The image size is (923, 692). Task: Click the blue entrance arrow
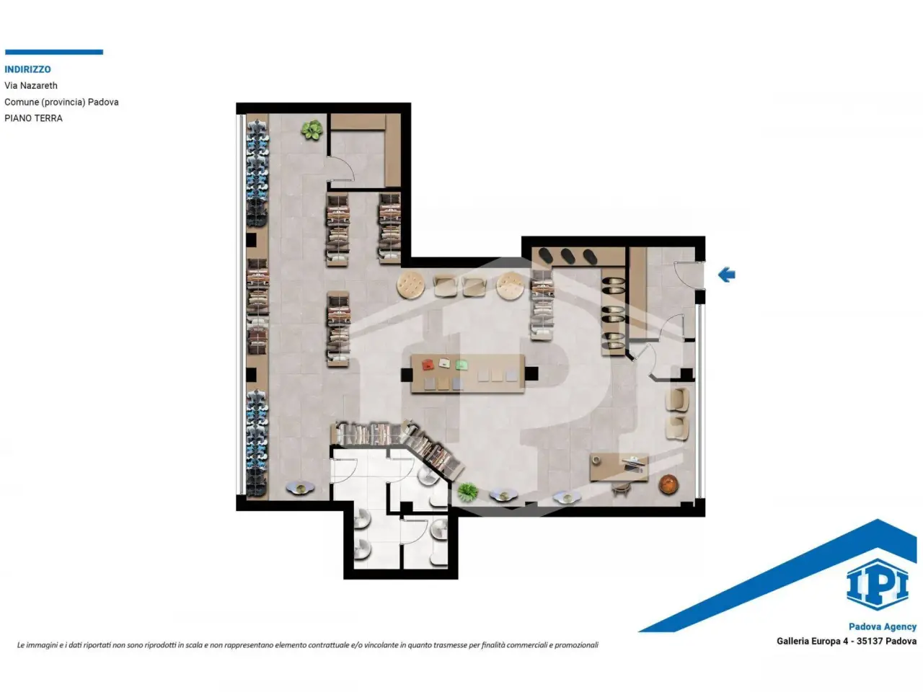tap(726, 275)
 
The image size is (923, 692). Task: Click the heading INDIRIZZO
tap(27, 69)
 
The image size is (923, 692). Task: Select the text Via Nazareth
tap(31, 86)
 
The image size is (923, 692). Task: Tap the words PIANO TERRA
tap(33, 118)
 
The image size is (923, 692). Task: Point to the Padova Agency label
tap(882, 626)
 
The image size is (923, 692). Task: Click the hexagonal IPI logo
tap(877, 585)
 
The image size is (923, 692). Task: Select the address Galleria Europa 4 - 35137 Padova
tap(847, 641)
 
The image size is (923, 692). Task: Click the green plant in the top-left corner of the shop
tap(312, 130)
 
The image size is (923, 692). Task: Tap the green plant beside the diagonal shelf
tap(467, 492)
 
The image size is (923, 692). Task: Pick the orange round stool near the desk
tap(668, 484)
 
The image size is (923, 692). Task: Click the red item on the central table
tap(428, 364)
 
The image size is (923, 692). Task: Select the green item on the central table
tap(461, 364)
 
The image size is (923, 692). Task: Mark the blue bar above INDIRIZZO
tap(54, 52)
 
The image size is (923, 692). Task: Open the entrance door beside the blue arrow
tap(689, 275)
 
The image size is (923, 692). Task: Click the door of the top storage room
tap(341, 169)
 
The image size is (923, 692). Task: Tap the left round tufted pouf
tap(410, 285)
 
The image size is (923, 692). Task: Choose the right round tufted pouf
tap(510, 285)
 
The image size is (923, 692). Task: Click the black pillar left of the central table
tap(406, 374)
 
